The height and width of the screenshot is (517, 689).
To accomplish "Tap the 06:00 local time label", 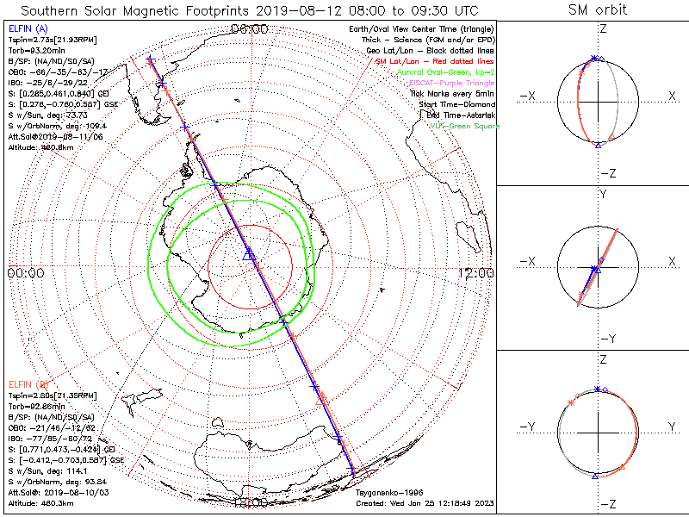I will (x=250, y=29).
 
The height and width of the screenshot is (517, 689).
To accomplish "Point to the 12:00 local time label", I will (x=476, y=273).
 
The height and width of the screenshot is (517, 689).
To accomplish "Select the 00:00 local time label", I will (x=25, y=273).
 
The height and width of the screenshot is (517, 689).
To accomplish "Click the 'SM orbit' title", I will (x=598, y=10).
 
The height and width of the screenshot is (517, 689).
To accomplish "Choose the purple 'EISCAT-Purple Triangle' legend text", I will (x=450, y=83).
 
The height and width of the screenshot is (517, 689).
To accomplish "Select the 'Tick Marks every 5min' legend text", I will (x=452, y=93).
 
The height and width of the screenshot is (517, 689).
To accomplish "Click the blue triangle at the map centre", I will (x=249, y=254).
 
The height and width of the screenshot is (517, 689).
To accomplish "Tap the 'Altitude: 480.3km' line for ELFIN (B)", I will (x=43, y=502).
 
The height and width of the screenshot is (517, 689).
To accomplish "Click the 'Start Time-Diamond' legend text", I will (x=456, y=103).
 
